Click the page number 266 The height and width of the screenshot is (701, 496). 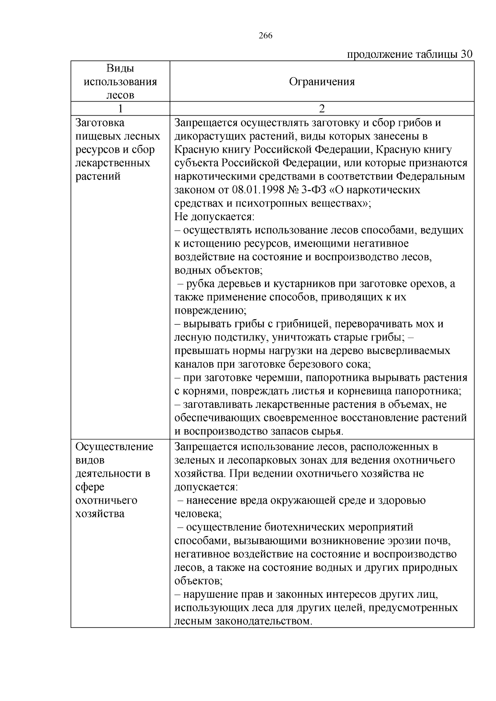point(265,36)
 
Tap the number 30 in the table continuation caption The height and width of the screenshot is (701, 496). point(466,55)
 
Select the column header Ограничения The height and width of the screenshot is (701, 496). point(322,81)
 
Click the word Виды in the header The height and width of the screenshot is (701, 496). point(120,68)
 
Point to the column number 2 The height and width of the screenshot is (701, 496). point(322,109)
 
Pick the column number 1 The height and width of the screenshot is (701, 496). point(120,109)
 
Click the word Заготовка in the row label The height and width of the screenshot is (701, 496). point(100,123)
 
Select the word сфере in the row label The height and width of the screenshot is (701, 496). point(90,487)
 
